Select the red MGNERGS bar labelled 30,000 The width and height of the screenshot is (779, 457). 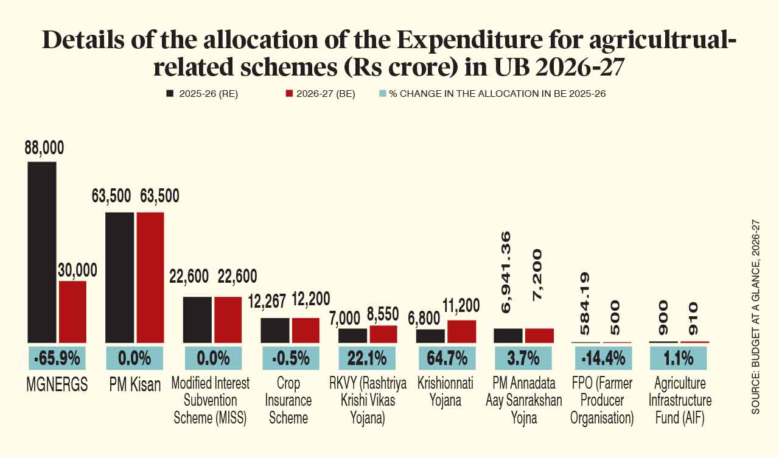(x=72, y=311)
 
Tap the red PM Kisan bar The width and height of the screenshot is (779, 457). (x=150, y=277)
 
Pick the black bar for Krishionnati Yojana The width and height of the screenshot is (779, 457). (x=430, y=336)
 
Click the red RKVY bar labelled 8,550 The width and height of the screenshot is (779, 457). (x=383, y=334)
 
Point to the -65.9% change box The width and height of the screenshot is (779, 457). (x=57, y=358)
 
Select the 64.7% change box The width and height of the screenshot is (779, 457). (x=446, y=358)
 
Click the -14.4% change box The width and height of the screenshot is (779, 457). (x=602, y=358)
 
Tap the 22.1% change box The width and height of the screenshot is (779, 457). (x=368, y=358)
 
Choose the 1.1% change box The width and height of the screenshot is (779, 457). (x=679, y=358)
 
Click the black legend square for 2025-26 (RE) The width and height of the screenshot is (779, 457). (x=170, y=94)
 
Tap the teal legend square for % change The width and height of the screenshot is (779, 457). (x=382, y=94)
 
